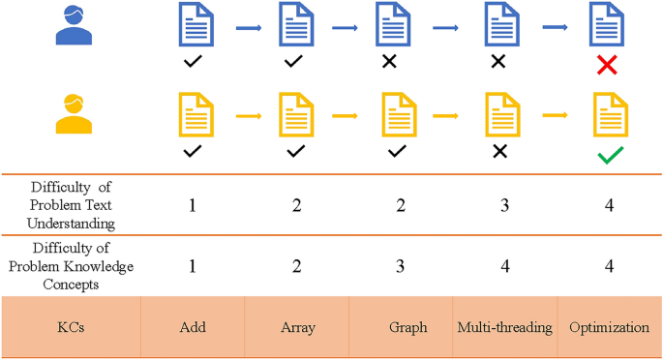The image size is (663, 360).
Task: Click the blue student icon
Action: coord(74,25)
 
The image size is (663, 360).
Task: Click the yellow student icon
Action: coord(74,113)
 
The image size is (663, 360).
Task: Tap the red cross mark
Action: coord(608,65)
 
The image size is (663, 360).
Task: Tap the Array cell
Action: coord(297,327)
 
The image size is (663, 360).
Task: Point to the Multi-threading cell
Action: coord(504,327)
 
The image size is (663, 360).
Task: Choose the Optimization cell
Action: coord(608,327)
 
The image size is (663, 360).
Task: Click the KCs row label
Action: coord(70,327)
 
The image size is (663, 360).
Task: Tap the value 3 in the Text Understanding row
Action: coord(503,206)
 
